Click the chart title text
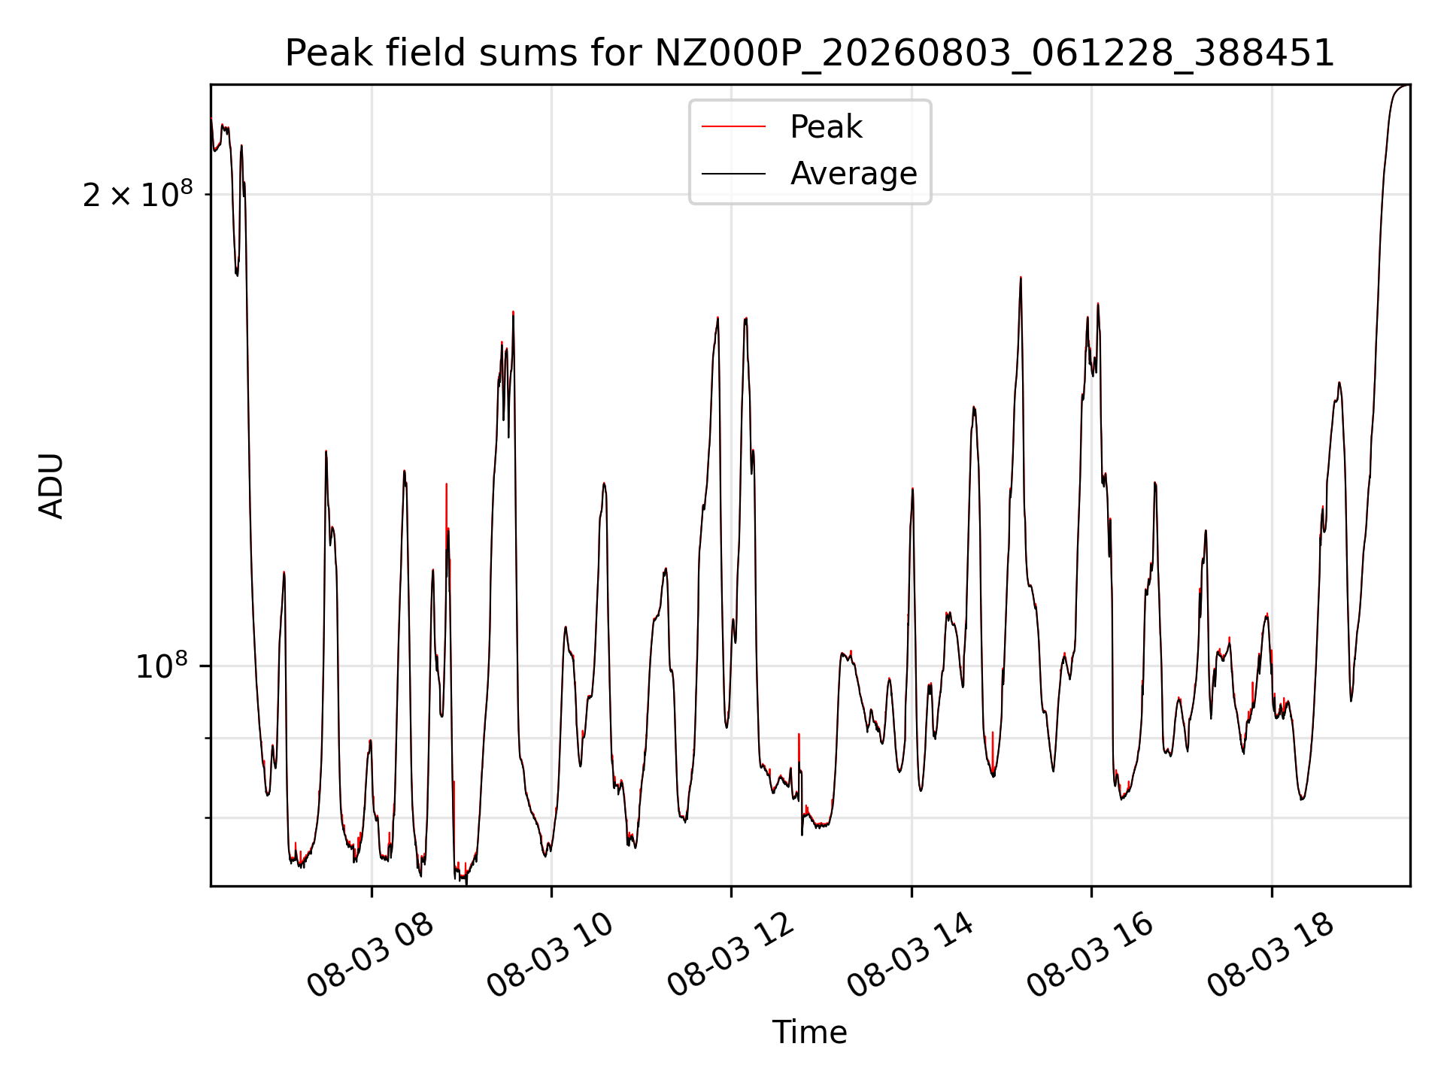[x=810, y=53]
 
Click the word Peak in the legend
[x=826, y=127]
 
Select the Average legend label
[x=854, y=174]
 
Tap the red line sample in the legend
[x=733, y=127]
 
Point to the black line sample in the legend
[x=733, y=174]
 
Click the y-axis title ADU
[x=51, y=486]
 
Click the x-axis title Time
[x=810, y=1033]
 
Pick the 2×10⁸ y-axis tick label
[x=137, y=194]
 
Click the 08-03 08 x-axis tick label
[x=371, y=956]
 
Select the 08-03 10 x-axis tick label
[x=551, y=956]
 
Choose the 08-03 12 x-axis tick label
[x=731, y=956]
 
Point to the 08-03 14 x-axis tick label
[x=911, y=956]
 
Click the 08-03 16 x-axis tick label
[x=1091, y=956]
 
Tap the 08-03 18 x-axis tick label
[x=1271, y=956]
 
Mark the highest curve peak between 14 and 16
[x=1021, y=278]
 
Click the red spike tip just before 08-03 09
[x=447, y=484]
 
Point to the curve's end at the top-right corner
[x=1409, y=85]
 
